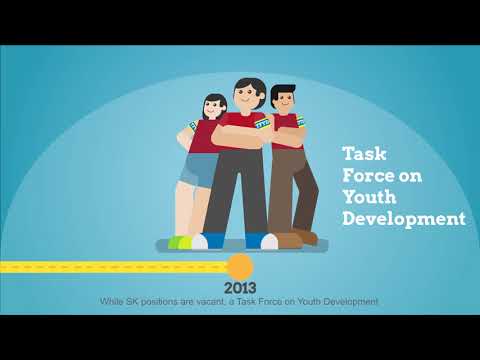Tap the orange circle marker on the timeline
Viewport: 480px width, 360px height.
click(240, 267)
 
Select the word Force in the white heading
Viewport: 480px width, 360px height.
click(370, 176)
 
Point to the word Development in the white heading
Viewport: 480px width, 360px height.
click(403, 219)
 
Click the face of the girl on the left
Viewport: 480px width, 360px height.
click(213, 106)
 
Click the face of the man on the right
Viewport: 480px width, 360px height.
click(283, 101)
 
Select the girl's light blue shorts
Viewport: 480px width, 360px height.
click(198, 170)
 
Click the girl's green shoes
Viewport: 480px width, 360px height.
click(180, 242)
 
